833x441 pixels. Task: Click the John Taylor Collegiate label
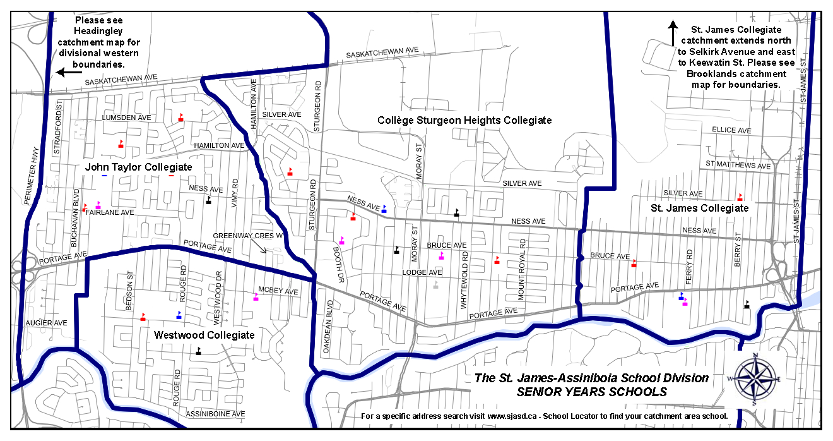[x=138, y=167]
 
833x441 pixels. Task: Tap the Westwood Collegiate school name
[x=204, y=335]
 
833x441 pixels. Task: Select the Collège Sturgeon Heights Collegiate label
[x=464, y=120]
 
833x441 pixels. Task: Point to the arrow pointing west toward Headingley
[x=69, y=72]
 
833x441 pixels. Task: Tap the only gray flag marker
[x=435, y=286]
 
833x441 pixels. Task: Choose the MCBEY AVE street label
[x=282, y=292]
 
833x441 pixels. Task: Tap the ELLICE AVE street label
[x=731, y=130]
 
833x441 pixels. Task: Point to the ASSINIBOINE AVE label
[x=215, y=414]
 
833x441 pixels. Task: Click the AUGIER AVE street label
[x=46, y=323]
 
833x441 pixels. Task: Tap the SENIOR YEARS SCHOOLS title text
[x=591, y=392]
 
